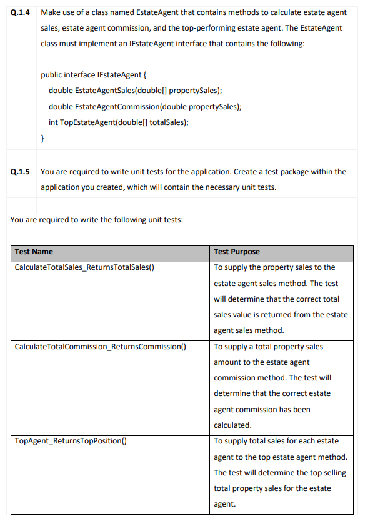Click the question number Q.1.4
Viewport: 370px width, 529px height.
(x=20, y=13)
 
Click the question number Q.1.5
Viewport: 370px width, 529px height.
(x=20, y=172)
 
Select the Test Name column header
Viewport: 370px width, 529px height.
(x=34, y=252)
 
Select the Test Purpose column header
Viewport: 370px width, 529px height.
(x=237, y=252)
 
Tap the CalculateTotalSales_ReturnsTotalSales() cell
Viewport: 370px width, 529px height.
(x=84, y=267)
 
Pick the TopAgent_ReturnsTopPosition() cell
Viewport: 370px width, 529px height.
(x=71, y=441)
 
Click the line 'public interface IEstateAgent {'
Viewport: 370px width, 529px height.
(x=94, y=75)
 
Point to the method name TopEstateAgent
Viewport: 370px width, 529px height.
(x=85, y=122)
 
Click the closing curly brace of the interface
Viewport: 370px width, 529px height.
(x=42, y=137)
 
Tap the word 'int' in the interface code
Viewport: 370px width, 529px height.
(x=53, y=122)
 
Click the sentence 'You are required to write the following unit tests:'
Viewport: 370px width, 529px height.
(x=97, y=220)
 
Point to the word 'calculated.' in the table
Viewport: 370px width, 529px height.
(x=232, y=425)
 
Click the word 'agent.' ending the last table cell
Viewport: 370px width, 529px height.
(x=224, y=504)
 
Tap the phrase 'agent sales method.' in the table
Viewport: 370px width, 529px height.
(x=249, y=330)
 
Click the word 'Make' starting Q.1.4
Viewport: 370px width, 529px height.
(x=50, y=13)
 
